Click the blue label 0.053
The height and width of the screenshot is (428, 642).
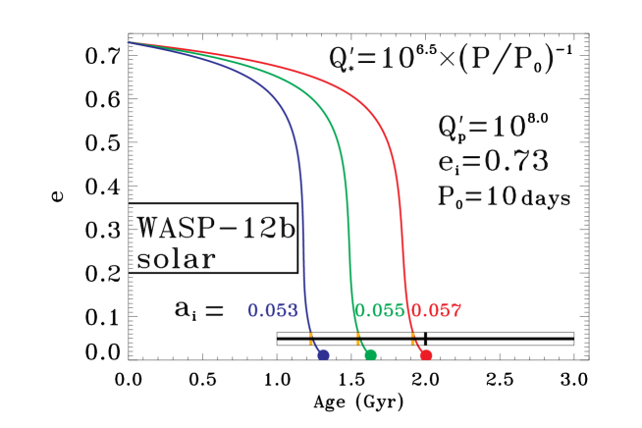click(x=273, y=311)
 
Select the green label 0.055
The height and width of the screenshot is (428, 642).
click(x=379, y=311)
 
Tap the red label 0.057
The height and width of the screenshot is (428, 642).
click(x=436, y=311)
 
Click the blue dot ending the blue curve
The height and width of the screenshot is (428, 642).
click(x=323, y=354)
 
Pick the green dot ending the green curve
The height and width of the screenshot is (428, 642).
click(x=370, y=354)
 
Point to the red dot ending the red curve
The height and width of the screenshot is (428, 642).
click(x=426, y=354)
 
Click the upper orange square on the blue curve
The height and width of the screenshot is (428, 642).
click(x=310, y=335)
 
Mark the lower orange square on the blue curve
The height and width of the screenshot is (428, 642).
click(x=311, y=343)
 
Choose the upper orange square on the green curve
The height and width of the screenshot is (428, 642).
click(x=357, y=335)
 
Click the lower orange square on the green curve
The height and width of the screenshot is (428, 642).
click(x=358, y=343)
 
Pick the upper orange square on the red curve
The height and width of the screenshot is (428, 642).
click(x=412, y=335)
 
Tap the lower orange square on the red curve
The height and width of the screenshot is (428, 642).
click(x=413, y=343)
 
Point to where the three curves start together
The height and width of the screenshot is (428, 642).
click(x=128, y=42)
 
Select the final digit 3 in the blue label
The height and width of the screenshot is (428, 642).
click(x=292, y=311)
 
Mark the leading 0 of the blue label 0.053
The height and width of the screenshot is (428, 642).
click(x=253, y=311)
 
